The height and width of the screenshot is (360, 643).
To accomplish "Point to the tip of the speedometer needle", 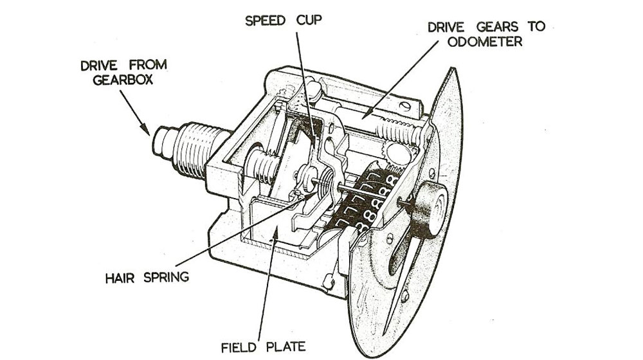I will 382,334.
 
